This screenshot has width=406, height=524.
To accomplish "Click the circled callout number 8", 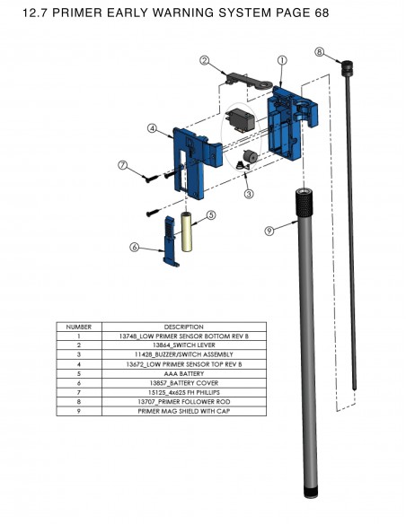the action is tap(320, 52).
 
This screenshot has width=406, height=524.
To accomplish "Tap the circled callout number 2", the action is tap(205, 61).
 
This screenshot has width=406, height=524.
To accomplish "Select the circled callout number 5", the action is tap(211, 215).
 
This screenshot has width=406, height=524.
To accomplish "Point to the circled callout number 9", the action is tap(269, 231).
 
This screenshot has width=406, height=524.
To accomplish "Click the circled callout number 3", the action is tap(249, 194).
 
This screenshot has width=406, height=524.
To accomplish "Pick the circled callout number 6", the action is tap(135, 247).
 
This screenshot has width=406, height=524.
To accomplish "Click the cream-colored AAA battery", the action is tap(187, 231).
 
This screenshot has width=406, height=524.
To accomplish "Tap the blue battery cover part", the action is tap(171, 241).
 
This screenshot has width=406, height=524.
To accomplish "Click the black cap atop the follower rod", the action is tap(347, 68).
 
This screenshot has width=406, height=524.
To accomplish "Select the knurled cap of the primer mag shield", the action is tap(304, 205).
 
